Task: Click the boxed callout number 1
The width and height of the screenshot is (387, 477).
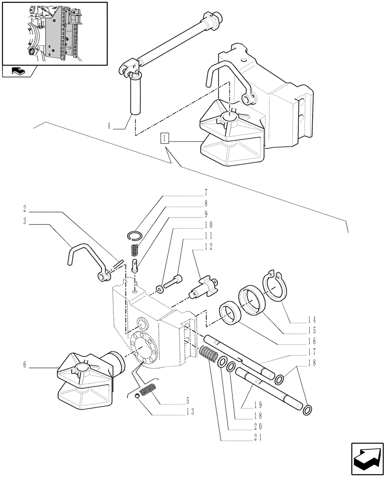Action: pos(164,139)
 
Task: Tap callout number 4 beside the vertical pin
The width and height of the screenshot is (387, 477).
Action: pos(109,127)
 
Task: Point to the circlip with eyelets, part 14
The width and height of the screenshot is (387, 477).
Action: pos(273,286)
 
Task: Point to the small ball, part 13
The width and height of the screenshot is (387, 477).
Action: pos(137,395)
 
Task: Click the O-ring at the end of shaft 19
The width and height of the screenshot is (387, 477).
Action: pos(308,409)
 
